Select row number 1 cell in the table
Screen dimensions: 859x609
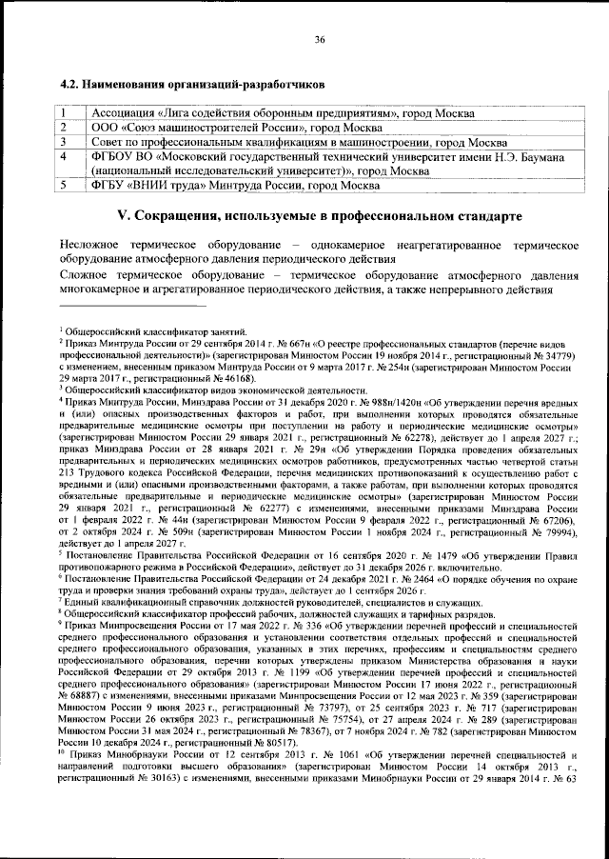pos(63,112)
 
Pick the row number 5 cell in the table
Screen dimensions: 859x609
pos(63,185)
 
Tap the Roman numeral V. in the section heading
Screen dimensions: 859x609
pos(122,215)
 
